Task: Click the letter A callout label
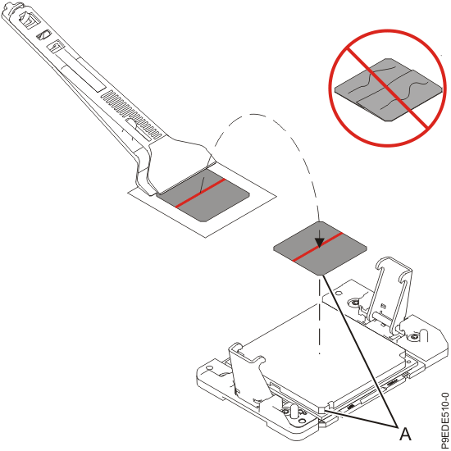405,434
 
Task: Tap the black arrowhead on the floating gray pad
319,243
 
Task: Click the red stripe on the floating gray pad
317,247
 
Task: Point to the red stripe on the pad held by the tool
200,193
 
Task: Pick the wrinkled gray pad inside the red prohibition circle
389,89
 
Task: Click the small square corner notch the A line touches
321,409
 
